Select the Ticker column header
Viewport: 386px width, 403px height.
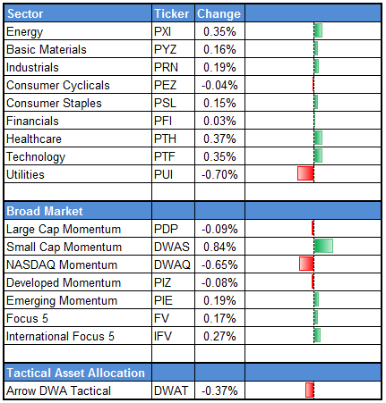170,14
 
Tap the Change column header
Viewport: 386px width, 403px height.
218,14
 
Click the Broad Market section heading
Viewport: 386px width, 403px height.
45,211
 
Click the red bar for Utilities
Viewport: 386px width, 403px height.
305,173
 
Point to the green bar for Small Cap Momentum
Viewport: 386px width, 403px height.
323,246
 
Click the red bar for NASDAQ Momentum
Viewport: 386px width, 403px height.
306,264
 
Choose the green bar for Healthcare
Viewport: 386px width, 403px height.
318,138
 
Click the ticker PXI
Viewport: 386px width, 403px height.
163,32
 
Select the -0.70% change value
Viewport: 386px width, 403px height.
220,173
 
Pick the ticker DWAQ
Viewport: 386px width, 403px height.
171,264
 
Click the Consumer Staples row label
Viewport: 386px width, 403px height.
54,103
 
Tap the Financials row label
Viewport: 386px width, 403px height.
32,121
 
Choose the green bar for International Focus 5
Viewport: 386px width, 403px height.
317,335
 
